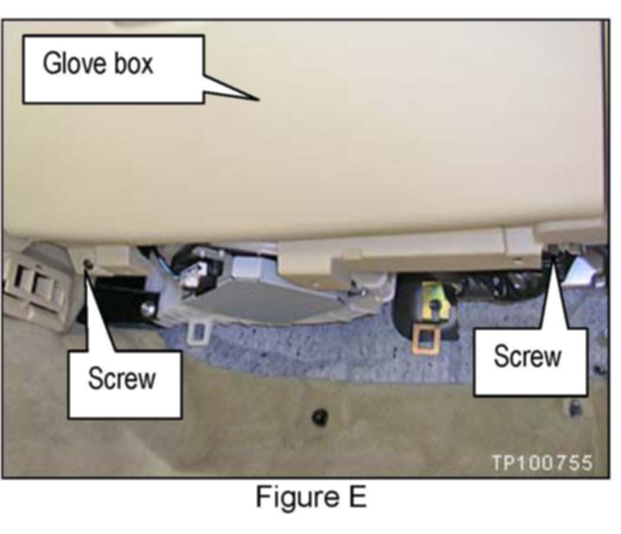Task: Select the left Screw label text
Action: coord(122,380)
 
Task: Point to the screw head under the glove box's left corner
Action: coord(89,263)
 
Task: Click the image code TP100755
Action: coord(542,463)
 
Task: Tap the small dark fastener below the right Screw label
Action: coord(575,407)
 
